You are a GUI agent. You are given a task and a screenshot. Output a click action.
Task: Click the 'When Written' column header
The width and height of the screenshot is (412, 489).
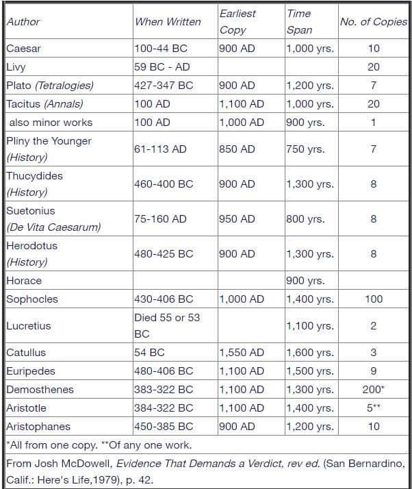(168, 22)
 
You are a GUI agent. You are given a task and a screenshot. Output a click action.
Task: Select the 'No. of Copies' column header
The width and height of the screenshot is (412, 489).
(373, 22)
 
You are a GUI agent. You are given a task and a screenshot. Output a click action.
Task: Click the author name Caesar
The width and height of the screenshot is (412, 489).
(23, 49)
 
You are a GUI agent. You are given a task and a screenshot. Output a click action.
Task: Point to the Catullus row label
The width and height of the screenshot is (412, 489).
(26, 353)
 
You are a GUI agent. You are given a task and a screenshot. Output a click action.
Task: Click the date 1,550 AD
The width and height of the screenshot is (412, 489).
(242, 353)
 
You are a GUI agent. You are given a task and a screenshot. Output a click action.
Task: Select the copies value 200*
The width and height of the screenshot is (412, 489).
(373, 389)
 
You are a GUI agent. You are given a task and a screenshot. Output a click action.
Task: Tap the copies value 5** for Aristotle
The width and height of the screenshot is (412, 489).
(373, 407)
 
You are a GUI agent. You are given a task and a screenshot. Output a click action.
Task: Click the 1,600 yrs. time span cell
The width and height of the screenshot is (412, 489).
(311, 353)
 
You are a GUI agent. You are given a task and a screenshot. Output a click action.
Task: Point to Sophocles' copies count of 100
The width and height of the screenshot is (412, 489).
(373, 299)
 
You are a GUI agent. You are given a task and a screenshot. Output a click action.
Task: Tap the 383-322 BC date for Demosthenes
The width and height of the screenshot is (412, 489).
(164, 389)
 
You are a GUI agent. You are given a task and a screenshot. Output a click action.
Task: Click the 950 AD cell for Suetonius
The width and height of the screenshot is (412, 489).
(237, 218)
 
